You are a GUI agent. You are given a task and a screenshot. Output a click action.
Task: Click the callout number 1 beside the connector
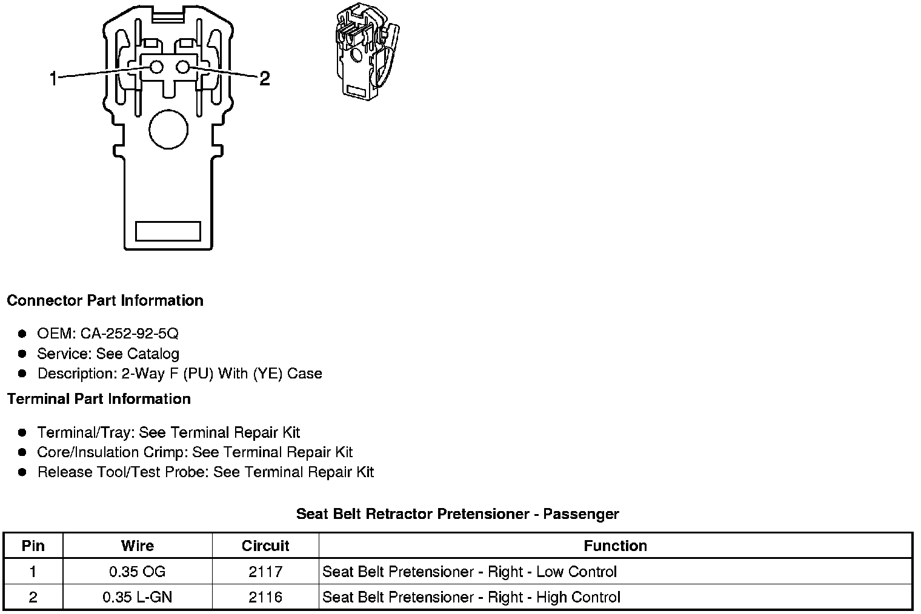(53, 78)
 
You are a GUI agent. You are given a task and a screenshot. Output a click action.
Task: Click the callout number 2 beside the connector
(264, 78)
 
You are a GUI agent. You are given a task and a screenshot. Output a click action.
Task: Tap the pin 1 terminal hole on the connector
(156, 67)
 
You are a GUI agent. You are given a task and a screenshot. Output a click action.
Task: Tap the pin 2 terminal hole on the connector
(184, 67)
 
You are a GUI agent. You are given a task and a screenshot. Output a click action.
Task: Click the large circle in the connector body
(168, 130)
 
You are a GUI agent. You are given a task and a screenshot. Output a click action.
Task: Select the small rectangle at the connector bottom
(168, 231)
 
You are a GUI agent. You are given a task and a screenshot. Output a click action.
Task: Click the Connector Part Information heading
(105, 301)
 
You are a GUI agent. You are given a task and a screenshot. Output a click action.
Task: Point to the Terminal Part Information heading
(99, 399)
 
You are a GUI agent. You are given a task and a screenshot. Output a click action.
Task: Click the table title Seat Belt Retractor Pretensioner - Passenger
(457, 514)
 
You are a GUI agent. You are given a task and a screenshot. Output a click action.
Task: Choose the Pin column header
(33, 546)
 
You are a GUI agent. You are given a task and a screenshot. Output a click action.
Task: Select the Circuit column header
(265, 546)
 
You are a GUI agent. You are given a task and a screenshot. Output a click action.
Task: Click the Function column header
(615, 546)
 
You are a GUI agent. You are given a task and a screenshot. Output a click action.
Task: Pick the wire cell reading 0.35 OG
(138, 572)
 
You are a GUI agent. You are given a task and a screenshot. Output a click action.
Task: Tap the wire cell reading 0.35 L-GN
(138, 597)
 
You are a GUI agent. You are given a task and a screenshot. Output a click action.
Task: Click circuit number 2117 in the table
(265, 572)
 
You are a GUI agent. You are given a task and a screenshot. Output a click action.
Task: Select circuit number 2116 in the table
(265, 597)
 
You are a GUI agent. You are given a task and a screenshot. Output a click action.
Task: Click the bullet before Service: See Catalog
(22, 354)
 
